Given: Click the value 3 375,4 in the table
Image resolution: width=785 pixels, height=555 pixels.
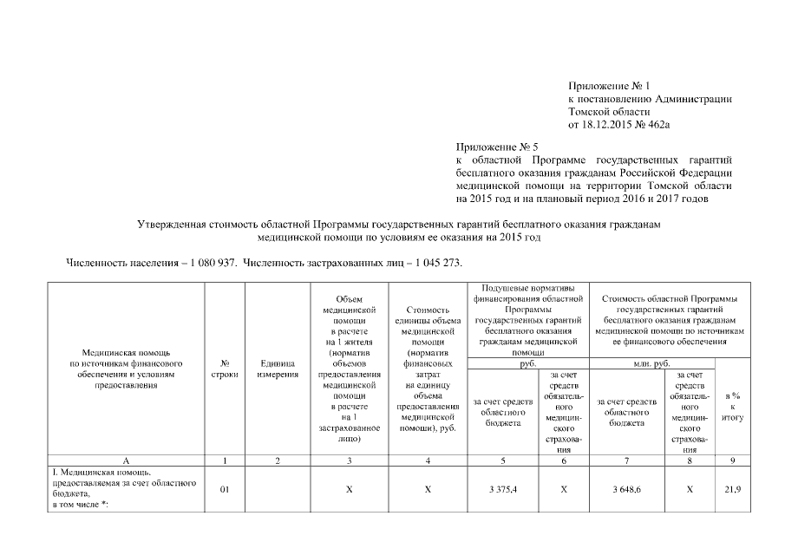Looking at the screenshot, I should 503,490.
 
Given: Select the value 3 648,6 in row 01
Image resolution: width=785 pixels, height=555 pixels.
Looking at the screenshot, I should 628,490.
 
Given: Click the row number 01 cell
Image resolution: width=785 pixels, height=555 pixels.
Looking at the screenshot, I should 225,490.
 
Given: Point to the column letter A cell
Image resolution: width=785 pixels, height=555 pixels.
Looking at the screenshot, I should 128,460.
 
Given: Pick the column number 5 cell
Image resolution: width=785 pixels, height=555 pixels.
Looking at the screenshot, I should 503,460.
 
